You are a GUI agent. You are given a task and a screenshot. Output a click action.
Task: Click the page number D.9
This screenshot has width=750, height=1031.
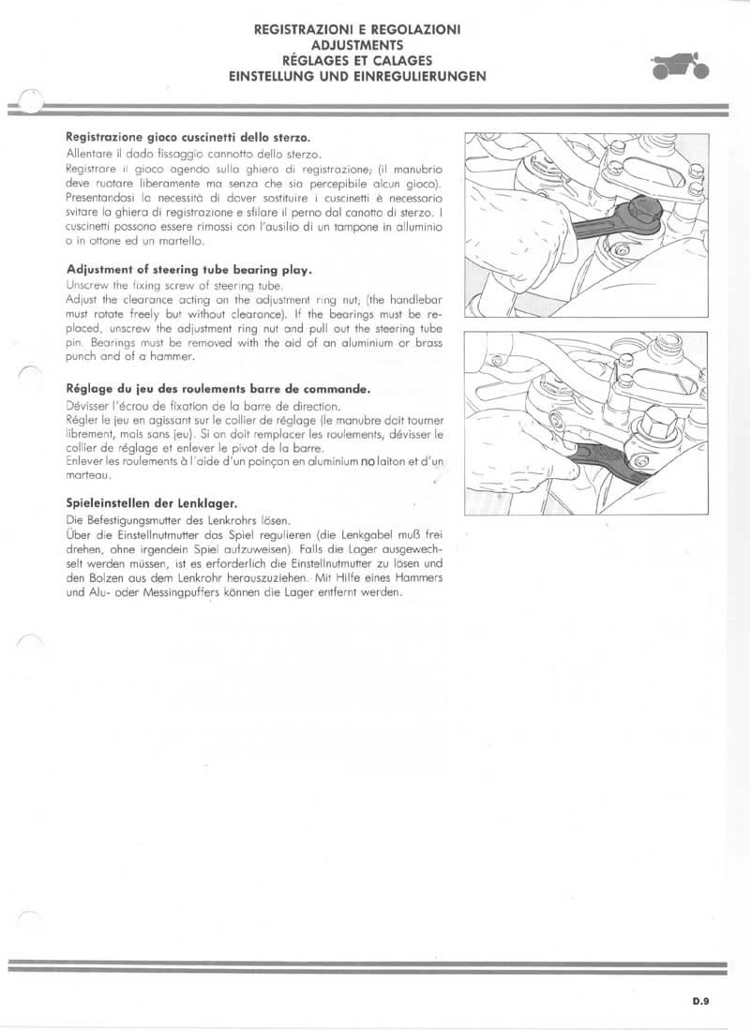tap(701, 1001)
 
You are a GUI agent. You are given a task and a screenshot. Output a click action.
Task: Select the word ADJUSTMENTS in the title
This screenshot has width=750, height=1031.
tap(357, 43)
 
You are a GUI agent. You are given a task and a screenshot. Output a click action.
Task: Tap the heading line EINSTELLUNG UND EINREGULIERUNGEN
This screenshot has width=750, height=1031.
tap(357, 77)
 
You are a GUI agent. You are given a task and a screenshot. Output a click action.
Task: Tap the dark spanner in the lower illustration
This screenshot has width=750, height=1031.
tap(609, 464)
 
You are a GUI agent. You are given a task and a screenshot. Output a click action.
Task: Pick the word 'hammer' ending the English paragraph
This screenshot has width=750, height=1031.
tap(173, 358)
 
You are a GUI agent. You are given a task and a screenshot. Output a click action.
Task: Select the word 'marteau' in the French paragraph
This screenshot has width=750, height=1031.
tap(88, 475)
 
